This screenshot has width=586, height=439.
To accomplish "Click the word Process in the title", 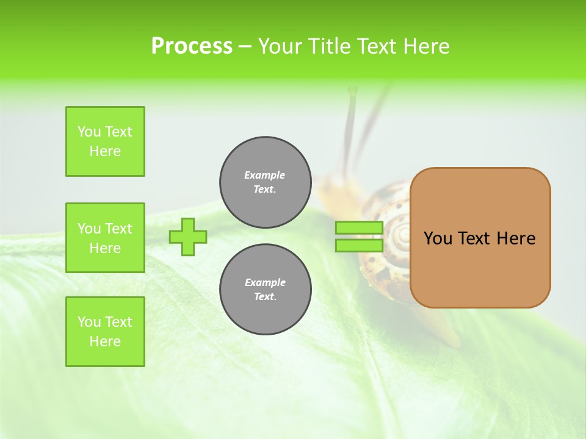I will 192,46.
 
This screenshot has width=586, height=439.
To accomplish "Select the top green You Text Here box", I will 105,141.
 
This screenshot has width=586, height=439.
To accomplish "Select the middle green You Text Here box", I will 105,238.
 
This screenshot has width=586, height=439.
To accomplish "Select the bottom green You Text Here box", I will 105,332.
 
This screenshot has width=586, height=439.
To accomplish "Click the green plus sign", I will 188,237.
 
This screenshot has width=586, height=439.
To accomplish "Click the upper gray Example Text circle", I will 265,182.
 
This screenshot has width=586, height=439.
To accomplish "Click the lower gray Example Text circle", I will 265,290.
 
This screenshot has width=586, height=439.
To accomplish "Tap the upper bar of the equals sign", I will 359,227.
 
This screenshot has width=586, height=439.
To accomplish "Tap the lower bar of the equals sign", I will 359,246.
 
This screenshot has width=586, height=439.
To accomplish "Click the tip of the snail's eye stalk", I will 352,90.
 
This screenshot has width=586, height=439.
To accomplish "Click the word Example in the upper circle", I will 265,175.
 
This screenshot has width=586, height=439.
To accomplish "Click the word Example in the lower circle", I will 265,282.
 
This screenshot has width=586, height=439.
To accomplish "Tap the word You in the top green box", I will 89,132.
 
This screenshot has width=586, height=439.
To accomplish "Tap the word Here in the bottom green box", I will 105,341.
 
